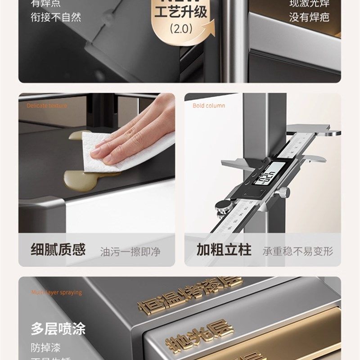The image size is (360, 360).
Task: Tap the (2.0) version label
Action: point(180,29)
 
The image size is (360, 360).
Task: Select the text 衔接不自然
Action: point(56,17)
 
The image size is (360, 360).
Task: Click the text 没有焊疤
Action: point(315,17)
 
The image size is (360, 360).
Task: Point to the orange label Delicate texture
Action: point(47,106)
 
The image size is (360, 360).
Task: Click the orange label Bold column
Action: point(209,106)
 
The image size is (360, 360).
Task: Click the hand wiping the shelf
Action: point(135,130)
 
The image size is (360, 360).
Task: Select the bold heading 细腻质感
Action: point(58,250)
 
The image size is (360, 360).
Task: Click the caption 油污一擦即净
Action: point(130,251)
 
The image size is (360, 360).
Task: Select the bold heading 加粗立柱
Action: point(224,250)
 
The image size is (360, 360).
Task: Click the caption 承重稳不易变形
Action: point(298,251)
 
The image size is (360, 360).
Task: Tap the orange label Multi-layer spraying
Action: point(57,292)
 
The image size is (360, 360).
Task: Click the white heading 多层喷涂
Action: point(58,328)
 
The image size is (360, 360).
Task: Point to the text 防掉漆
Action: point(45,347)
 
